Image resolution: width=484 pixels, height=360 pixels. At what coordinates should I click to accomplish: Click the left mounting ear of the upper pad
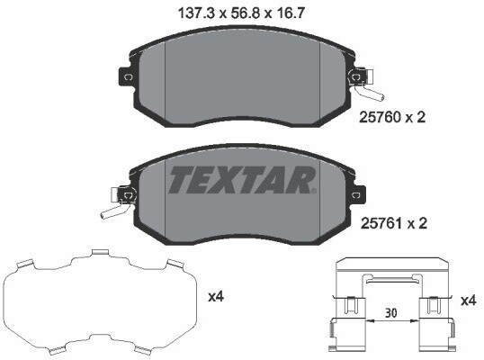click(125, 77)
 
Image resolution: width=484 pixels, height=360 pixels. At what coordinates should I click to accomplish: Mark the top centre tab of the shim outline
click(98, 255)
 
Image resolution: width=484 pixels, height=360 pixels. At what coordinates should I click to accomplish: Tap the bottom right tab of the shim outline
click(172, 346)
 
